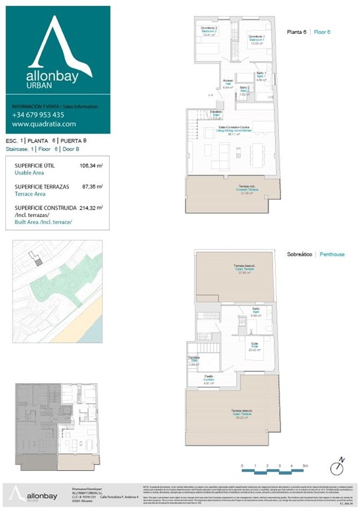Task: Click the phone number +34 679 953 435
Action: click(x=38, y=115)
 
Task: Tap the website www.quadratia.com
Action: click(x=44, y=124)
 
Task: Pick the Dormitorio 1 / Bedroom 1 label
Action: click(x=257, y=40)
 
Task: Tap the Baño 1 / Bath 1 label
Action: click(x=261, y=76)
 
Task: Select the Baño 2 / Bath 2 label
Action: click(x=244, y=90)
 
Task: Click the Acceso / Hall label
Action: click(x=228, y=84)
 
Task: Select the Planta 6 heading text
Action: click(x=297, y=32)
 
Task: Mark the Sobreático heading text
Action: click(x=300, y=254)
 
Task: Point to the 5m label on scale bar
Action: click(x=304, y=466)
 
